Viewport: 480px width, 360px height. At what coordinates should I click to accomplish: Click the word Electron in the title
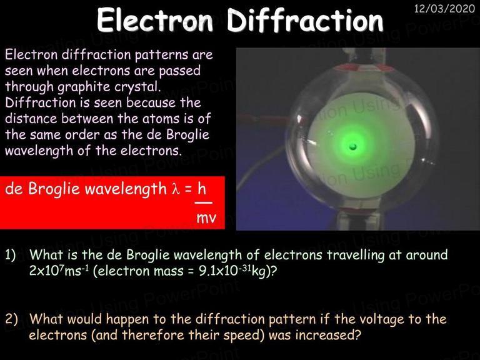pos(154,20)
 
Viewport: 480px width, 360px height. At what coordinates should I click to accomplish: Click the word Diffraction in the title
pos(305,20)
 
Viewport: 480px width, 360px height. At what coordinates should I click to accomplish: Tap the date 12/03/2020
pos(444,9)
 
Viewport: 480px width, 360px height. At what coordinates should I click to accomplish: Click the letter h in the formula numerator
pos(202,189)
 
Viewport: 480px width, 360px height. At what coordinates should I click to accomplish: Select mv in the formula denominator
pos(206,218)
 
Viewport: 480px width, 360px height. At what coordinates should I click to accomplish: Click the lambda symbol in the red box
pos(175,189)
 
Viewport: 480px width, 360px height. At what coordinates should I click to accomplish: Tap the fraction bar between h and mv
pos(204,202)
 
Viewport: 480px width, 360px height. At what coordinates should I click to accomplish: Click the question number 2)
pos(11,319)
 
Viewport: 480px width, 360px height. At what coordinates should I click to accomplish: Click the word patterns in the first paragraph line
pos(162,56)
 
